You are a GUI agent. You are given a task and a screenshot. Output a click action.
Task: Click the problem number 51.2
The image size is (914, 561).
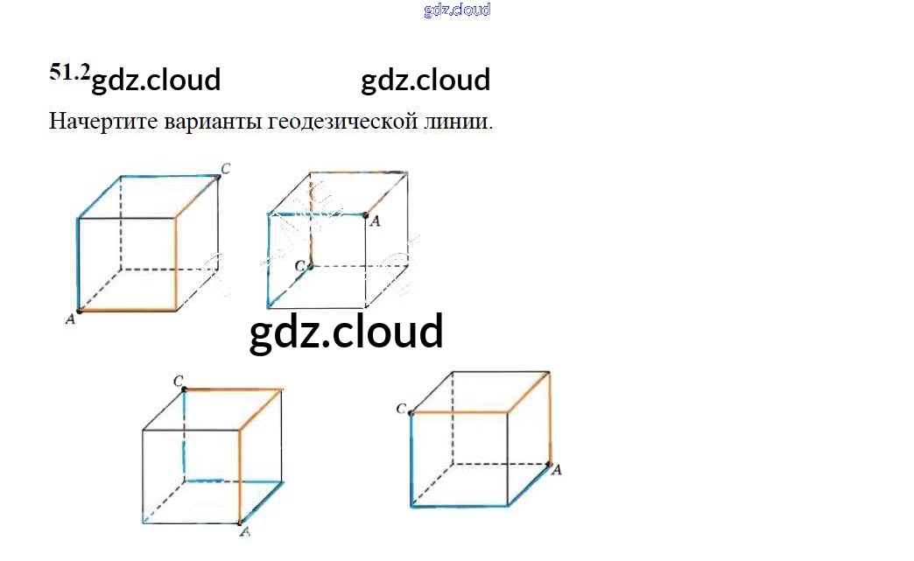click(x=69, y=74)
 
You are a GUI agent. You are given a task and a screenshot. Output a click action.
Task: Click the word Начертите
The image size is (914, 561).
click(x=102, y=121)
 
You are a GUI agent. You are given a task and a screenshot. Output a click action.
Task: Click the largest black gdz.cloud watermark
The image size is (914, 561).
click(x=347, y=333)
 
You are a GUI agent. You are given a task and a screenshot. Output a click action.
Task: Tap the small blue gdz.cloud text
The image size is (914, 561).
click(x=457, y=11)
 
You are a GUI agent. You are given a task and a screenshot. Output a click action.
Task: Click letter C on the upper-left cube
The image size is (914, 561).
click(x=226, y=168)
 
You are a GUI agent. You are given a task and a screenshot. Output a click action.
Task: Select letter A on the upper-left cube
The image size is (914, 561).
click(x=71, y=320)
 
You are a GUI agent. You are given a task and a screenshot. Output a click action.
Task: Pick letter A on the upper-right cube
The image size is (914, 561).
click(x=376, y=221)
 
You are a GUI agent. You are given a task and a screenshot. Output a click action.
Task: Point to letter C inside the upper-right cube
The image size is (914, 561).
click(x=299, y=265)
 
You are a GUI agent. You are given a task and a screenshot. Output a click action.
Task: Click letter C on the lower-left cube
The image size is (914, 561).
click(x=178, y=381)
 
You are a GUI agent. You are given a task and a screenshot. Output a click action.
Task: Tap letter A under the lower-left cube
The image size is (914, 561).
click(x=246, y=531)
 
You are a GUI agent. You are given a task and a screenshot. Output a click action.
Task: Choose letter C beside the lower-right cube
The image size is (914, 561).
click(x=401, y=409)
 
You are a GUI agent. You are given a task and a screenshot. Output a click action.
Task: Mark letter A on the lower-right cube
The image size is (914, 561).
click(x=557, y=470)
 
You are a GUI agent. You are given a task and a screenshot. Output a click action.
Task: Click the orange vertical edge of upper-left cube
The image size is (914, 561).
click(x=177, y=263)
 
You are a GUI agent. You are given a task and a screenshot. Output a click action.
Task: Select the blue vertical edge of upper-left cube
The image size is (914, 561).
click(x=79, y=263)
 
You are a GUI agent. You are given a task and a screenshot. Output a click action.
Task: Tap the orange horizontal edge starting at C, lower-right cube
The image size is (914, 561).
click(x=460, y=411)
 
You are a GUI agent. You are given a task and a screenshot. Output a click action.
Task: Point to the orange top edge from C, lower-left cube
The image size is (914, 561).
click(x=234, y=389)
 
